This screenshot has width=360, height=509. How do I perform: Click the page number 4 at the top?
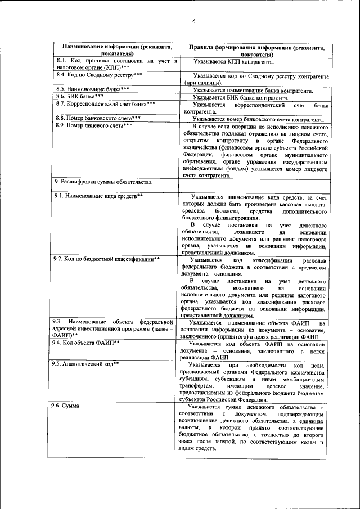(193, 21)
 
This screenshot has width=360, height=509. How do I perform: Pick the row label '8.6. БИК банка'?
(80, 97)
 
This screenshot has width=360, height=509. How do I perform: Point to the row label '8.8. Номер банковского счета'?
(98, 119)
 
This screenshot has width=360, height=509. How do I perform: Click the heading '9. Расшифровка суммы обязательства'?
(103, 182)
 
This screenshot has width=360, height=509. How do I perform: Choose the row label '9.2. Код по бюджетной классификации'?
(107, 259)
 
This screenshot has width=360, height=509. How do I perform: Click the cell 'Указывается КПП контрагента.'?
(233, 62)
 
